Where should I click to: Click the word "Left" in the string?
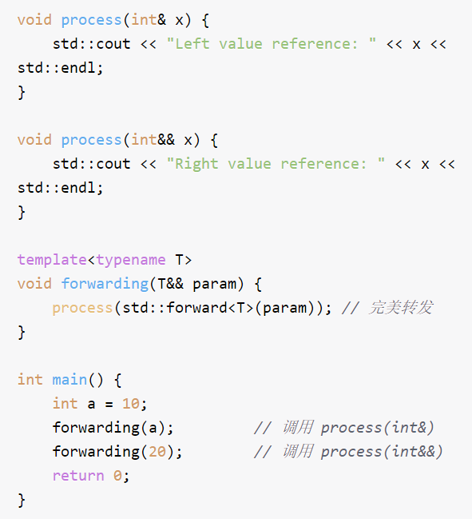[192, 44]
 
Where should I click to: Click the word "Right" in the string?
[196, 164]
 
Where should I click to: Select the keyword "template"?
[52, 260]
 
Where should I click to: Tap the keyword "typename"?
[131, 260]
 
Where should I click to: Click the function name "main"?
[69, 380]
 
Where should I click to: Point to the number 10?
[131, 404]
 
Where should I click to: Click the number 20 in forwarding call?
[157, 452]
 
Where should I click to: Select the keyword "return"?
[78, 476]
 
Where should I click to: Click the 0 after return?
[117, 476]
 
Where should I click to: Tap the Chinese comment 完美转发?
[401, 308]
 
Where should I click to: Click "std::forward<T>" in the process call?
[188, 308]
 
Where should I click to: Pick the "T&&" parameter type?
[170, 284]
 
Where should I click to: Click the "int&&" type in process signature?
[153, 140]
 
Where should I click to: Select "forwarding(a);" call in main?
[113, 428]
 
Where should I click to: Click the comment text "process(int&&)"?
[382, 452]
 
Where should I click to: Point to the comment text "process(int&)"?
[378, 428]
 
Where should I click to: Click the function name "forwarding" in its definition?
[105, 284]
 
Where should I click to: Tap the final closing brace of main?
[22, 500]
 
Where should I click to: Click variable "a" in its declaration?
[91, 405]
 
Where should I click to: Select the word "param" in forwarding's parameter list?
[214, 285]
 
